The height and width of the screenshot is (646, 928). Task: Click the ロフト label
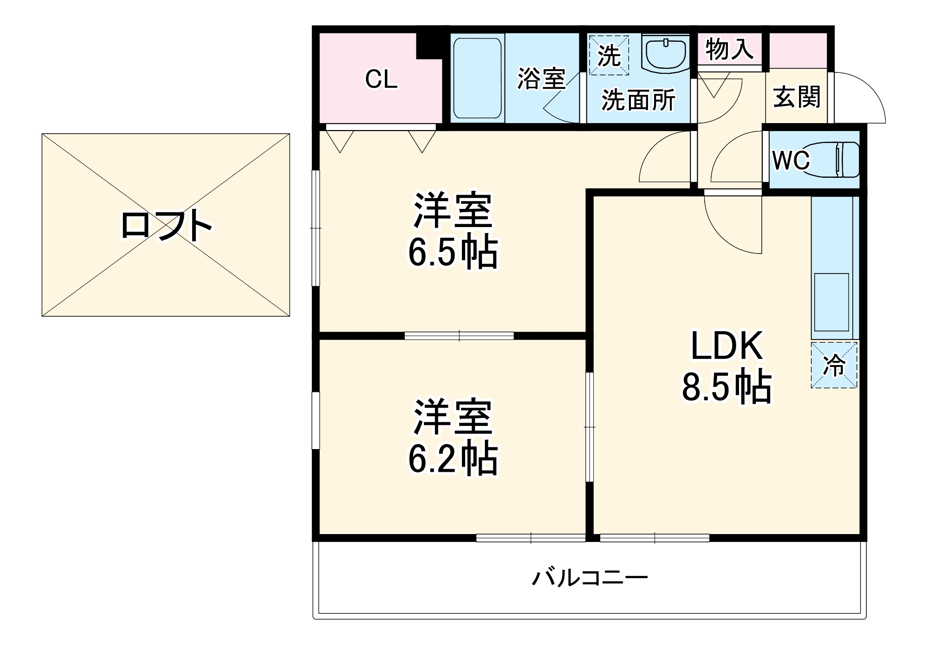(166, 226)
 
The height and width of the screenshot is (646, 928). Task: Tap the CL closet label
(381, 79)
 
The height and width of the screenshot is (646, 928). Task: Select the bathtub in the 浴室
(477, 78)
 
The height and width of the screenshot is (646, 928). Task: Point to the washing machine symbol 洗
(609, 55)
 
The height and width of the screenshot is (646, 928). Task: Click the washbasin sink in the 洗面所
(666, 52)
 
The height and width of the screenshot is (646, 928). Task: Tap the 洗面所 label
(638, 99)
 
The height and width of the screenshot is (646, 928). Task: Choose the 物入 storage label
(729, 49)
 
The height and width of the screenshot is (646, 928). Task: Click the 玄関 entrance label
(797, 97)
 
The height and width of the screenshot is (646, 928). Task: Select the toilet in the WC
(836, 160)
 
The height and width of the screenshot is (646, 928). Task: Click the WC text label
(791, 161)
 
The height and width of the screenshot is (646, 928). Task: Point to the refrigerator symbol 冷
(834, 365)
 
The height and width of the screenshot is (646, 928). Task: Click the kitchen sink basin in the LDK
(831, 302)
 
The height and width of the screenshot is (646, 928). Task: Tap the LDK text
(727, 346)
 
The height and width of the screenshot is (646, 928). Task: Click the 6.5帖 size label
(453, 252)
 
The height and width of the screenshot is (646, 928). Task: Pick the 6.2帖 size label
(453, 458)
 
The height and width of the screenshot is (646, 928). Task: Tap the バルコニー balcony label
(590, 578)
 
